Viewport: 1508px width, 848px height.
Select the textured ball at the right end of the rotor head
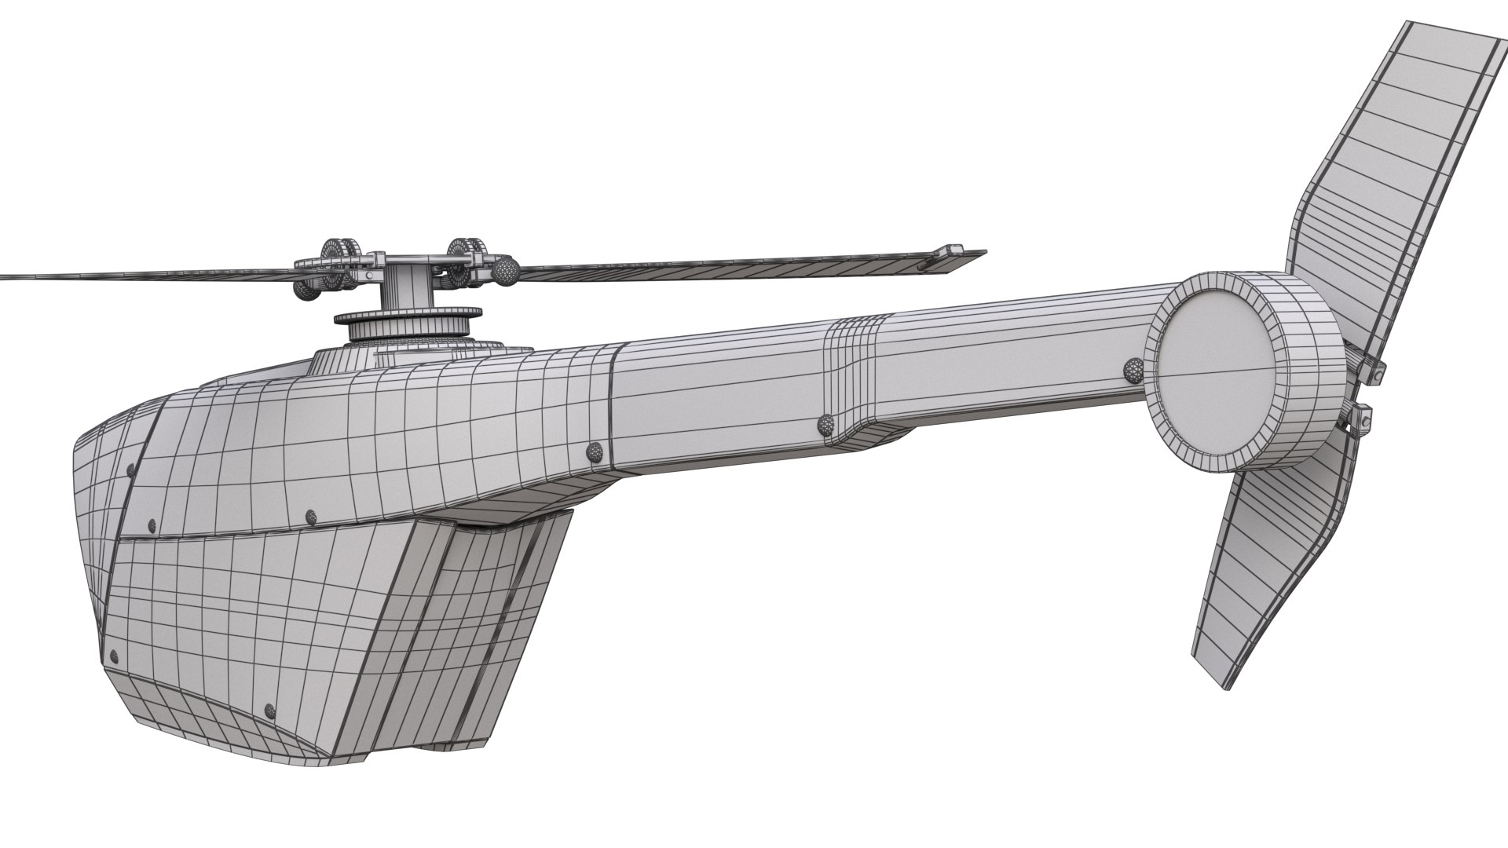pos(505,272)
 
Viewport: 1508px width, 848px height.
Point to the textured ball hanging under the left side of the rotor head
pos(306,290)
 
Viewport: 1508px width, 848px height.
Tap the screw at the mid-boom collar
pos(825,425)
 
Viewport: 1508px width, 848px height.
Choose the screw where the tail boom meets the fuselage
pos(595,451)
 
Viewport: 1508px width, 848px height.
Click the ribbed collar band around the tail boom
pos(856,377)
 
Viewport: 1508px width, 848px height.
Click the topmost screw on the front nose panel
pos(130,470)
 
